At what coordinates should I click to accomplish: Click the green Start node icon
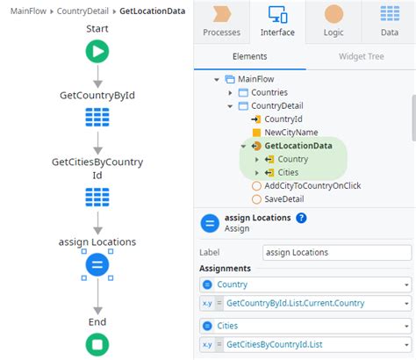point(97,53)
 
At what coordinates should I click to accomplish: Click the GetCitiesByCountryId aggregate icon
point(97,197)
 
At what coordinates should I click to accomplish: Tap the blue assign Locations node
point(97,264)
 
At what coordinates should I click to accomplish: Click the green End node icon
point(97,344)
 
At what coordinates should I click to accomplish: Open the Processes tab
point(221,21)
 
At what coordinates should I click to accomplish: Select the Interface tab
point(276,21)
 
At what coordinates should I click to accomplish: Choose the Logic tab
point(334,21)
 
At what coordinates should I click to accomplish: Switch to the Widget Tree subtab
point(360,55)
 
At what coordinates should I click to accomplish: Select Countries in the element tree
point(269,92)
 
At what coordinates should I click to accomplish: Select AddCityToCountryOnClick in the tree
point(312,185)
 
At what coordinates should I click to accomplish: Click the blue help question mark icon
point(301,218)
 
